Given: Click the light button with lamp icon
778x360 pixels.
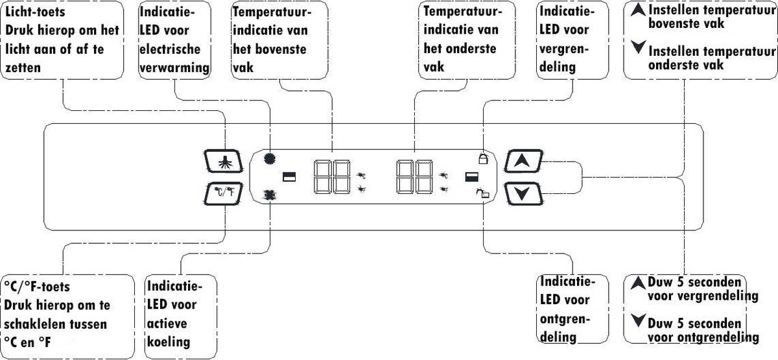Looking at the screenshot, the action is tap(223, 161).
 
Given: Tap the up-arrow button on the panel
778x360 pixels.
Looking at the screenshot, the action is tap(523, 161).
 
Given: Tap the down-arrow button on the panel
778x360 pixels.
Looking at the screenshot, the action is tap(523, 193).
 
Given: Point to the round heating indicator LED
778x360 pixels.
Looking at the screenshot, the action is tap(270, 158).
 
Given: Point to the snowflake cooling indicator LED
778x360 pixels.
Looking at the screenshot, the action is tap(270, 195).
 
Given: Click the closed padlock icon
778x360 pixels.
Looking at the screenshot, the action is tap(483, 158).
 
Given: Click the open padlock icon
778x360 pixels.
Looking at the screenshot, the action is tap(482, 193).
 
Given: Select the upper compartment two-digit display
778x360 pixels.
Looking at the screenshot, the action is tap(332, 177).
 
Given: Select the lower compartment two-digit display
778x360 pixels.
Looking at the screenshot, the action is tap(414, 177).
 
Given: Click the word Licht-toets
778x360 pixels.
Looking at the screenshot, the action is tap(35, 12).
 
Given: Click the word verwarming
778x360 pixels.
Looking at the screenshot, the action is tap(174, 67).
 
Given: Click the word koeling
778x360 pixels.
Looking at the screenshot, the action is tap(169, 342).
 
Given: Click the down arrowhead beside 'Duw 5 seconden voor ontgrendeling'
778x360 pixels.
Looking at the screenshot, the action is tap(638, 320).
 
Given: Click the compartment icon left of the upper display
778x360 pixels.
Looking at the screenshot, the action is tap(289, 176).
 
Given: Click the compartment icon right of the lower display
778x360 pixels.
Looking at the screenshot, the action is tap(472, 176).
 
